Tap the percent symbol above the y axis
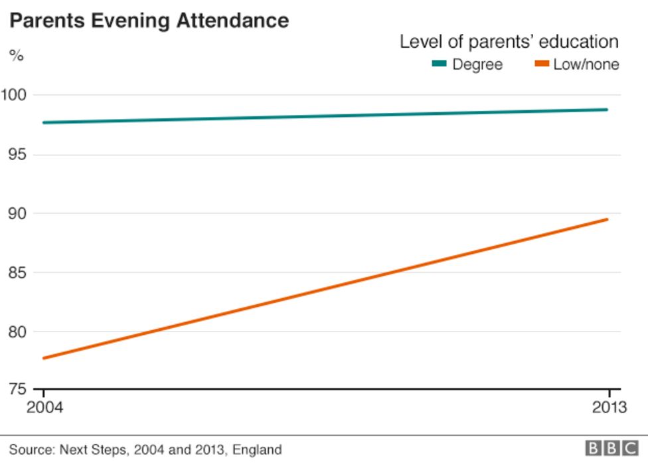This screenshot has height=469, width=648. [x=16, y=56]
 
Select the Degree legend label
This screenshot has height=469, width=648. [x=477, y=64]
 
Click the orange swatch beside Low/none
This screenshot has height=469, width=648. [x=542, y=64]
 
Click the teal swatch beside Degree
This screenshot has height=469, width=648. [x=440, y=64]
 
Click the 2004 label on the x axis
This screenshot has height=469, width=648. [x=44, y=407]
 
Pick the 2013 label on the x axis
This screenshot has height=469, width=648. [x=608, y=407]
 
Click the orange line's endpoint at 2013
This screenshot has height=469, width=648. [x=607, y=219]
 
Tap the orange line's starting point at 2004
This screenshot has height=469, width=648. [x=44, y=358]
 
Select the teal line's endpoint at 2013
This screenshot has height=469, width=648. [x=607, y=110]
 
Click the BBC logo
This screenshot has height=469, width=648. [x=611, y=449]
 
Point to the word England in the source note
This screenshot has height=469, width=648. [x=258, y=450]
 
